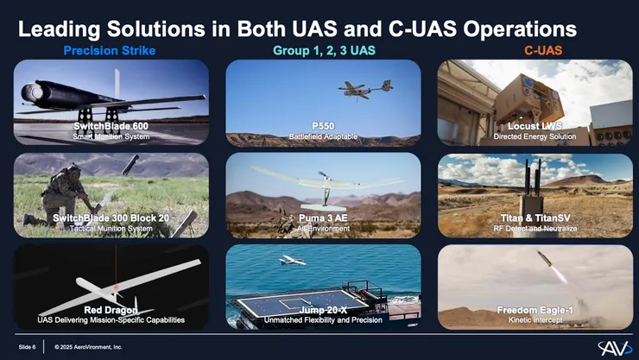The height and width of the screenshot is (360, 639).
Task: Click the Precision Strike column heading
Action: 110,50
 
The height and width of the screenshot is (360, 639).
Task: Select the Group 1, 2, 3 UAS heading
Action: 324,50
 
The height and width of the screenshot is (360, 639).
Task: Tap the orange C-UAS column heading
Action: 543,50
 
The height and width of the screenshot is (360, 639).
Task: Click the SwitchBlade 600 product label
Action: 111,126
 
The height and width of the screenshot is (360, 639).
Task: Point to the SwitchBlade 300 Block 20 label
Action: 111,218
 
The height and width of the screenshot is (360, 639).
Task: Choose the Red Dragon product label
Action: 111,310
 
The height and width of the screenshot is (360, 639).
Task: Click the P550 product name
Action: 323,126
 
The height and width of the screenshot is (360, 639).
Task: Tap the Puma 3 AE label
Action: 323,218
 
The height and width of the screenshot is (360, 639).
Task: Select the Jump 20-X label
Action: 323,310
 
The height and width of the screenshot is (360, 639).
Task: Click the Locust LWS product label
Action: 535,126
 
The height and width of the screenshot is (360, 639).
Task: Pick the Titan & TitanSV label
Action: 535,218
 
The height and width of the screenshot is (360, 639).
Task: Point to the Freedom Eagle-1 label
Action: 535,310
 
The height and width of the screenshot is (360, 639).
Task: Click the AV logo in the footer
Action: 615,348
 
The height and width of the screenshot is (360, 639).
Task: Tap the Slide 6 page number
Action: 27,347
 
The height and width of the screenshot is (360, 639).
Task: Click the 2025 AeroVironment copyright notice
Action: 88,347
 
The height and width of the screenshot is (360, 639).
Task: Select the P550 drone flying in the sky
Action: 365,89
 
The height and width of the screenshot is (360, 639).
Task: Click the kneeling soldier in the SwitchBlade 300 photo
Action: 61,195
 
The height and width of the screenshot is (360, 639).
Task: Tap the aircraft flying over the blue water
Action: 292,260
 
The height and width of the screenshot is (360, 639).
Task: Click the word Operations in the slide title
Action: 520,29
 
